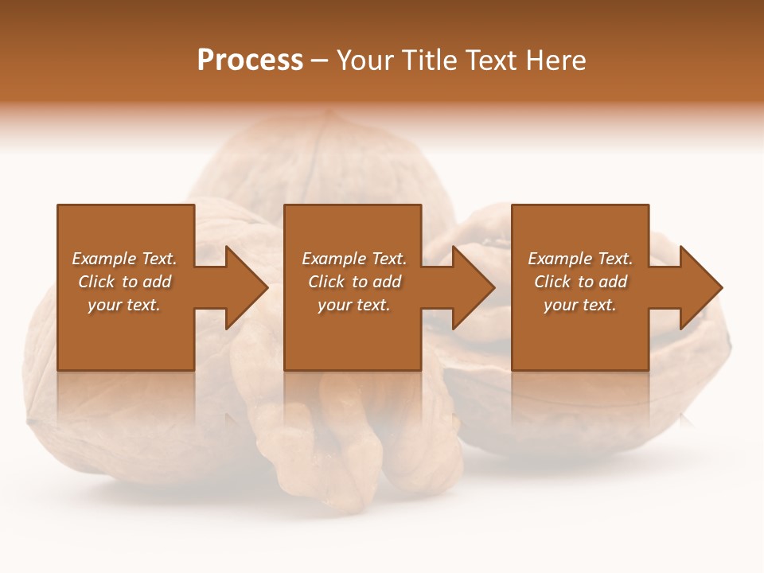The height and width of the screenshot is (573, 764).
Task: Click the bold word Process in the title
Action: click(250, 60)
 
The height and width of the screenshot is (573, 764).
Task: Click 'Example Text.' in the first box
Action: click(124, 259)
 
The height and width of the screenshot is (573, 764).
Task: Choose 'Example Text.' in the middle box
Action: click(354, 259)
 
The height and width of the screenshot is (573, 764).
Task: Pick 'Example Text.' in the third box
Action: click(580, 259)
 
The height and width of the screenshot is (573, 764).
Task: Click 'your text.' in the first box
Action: click(124, 305)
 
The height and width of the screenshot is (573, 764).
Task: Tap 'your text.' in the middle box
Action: click(354, 305)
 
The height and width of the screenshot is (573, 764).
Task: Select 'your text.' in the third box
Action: click(580, 305)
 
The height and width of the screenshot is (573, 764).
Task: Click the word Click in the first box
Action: click(96, 282)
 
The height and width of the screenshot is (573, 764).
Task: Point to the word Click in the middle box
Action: click(326, 282)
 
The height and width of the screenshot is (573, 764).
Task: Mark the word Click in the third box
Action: click(552, 282)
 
